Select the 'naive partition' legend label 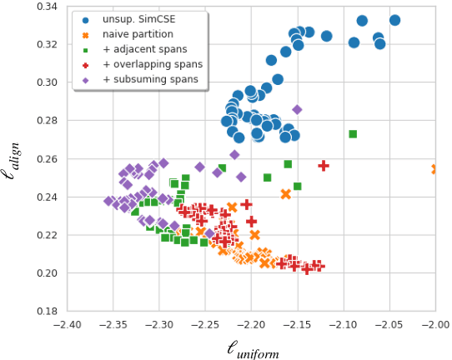pos(134,34)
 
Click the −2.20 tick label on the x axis pos(251,323)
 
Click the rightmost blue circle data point pos(394,20)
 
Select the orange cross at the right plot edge pos(434,169)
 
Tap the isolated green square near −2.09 pos(353,134)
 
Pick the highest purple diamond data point pos(297,110)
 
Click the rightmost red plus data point pos(324,166)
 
